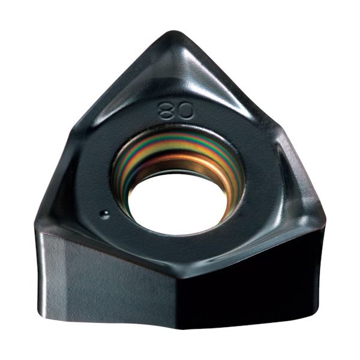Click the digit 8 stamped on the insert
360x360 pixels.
(x=166, y=110)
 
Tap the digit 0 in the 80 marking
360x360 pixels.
(x=185, y=111)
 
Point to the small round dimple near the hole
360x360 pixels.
(x=104, y=214)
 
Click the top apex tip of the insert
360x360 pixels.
(x=174, y=31)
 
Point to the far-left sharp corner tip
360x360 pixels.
(x=34, y=224)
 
